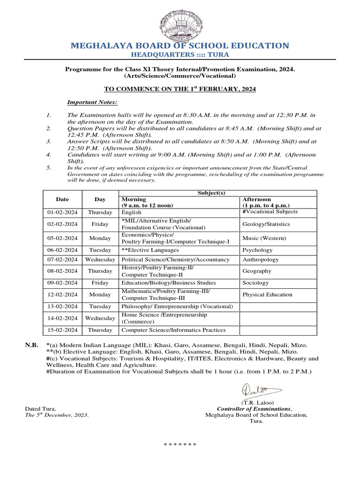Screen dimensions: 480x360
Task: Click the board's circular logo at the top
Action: [x=180, y=20]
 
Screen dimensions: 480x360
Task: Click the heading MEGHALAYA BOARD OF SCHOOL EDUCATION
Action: [x=180, y=45]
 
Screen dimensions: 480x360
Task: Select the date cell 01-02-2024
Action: [x=62, y=212]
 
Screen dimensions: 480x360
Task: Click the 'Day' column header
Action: [x=100, y=199]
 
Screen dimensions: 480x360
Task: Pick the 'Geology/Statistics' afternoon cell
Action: [x=266, y=224]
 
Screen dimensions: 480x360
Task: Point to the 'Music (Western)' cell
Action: [x=264, y=238]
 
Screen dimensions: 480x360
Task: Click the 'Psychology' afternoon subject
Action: [x=257, y=250]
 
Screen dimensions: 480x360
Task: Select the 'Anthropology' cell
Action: [x=261, y=260]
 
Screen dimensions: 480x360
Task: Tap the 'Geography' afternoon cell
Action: [x=257, y=271]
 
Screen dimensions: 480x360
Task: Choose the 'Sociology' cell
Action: [x=255, y=283]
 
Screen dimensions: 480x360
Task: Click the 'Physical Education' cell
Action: [x=267, y=295]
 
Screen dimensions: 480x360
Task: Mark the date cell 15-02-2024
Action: [x=62, y=330]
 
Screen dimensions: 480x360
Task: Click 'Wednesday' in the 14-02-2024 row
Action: [x=100, y=318]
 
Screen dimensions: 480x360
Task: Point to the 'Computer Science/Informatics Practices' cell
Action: [x=173, y=330]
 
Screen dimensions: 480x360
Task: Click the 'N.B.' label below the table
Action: [x=32, y=345]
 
